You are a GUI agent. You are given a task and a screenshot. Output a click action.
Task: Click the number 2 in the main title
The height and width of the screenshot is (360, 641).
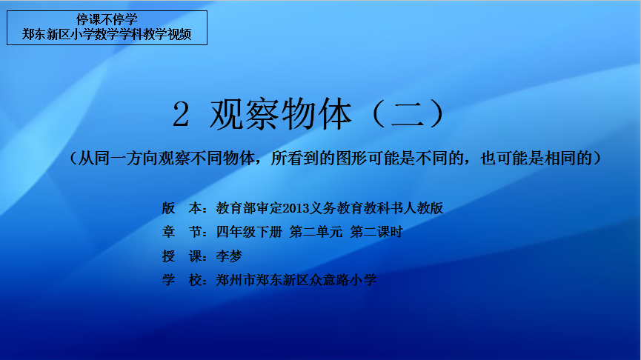pos(181,114)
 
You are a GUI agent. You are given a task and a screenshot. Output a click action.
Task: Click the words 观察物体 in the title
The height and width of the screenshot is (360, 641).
pos(282,114)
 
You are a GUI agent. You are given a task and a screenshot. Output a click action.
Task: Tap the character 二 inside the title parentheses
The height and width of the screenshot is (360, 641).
pos(407,115)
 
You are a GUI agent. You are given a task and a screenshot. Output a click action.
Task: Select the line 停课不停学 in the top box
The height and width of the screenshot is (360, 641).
pos(107,19)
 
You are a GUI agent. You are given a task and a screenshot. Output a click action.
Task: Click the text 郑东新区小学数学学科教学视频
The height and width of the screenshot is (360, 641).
pos(107,34)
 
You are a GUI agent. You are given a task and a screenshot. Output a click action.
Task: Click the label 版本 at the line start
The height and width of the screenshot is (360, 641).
pos(182,208)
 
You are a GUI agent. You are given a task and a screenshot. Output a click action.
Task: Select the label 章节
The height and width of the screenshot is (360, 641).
pos(182,232)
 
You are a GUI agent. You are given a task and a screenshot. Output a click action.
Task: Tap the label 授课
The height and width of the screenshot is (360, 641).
pos(182,256)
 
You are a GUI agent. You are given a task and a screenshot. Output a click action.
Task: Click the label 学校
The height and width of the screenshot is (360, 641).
pos(182,280)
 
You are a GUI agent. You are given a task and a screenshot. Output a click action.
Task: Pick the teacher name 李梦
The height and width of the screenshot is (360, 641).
pos(229,256)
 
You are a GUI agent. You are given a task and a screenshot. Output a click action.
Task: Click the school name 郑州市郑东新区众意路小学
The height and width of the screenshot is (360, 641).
pos(296,280)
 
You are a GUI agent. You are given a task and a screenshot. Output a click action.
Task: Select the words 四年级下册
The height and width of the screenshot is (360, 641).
pos(249,232)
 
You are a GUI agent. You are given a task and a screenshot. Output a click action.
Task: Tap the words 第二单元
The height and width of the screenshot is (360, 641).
pos(316,232)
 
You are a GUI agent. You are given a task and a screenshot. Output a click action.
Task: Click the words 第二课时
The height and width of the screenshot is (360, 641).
pos(376,232)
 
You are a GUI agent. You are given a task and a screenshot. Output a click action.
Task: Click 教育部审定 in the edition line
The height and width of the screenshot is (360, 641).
pos(249,208)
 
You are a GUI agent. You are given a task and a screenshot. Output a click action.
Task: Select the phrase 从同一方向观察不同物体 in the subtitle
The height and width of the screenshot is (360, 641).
pos(167,158)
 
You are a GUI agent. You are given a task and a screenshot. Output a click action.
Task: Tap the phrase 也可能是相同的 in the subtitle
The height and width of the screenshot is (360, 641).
pos(537,158)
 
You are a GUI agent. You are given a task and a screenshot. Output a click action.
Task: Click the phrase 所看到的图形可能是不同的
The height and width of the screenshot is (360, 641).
pos(367,158)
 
